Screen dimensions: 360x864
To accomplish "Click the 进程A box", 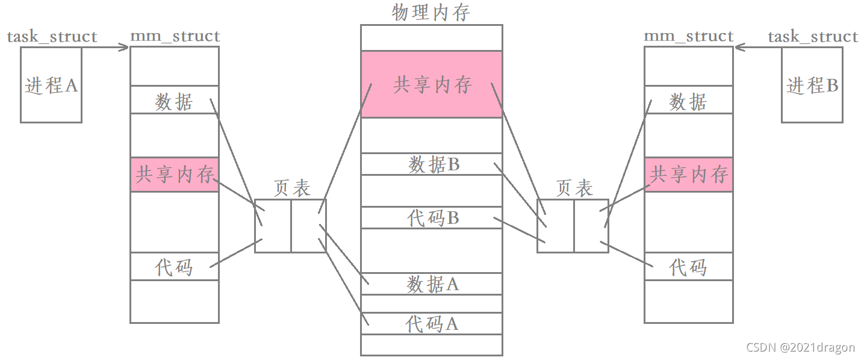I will [51, 85].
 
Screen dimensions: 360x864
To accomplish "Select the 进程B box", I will [812, 85].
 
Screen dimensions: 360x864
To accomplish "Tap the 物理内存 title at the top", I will [431, 12].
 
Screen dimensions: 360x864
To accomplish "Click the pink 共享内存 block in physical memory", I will [431, 84].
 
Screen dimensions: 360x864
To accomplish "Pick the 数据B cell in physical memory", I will [431, 164].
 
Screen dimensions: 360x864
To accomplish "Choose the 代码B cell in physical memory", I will [431, 218].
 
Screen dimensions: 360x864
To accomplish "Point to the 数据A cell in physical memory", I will [431, 284].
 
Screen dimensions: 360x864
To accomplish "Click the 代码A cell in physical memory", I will [431, 324].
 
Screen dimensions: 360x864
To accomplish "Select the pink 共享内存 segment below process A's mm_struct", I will [175, 175].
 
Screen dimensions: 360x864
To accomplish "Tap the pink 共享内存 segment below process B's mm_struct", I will [689, 175].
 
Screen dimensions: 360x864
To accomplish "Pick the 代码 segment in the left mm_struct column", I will [175, 266].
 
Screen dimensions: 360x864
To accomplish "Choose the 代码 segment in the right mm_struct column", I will [689, 266].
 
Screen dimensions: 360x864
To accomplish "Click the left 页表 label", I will [291, 188].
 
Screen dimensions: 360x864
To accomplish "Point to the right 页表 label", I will [574, 188].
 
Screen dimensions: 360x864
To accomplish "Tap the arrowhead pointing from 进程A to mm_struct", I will [125, 47].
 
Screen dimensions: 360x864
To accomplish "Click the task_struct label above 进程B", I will [812, 37].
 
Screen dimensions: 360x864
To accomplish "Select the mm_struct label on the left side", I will [175, 37].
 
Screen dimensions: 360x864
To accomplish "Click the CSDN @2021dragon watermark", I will [800, 347].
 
